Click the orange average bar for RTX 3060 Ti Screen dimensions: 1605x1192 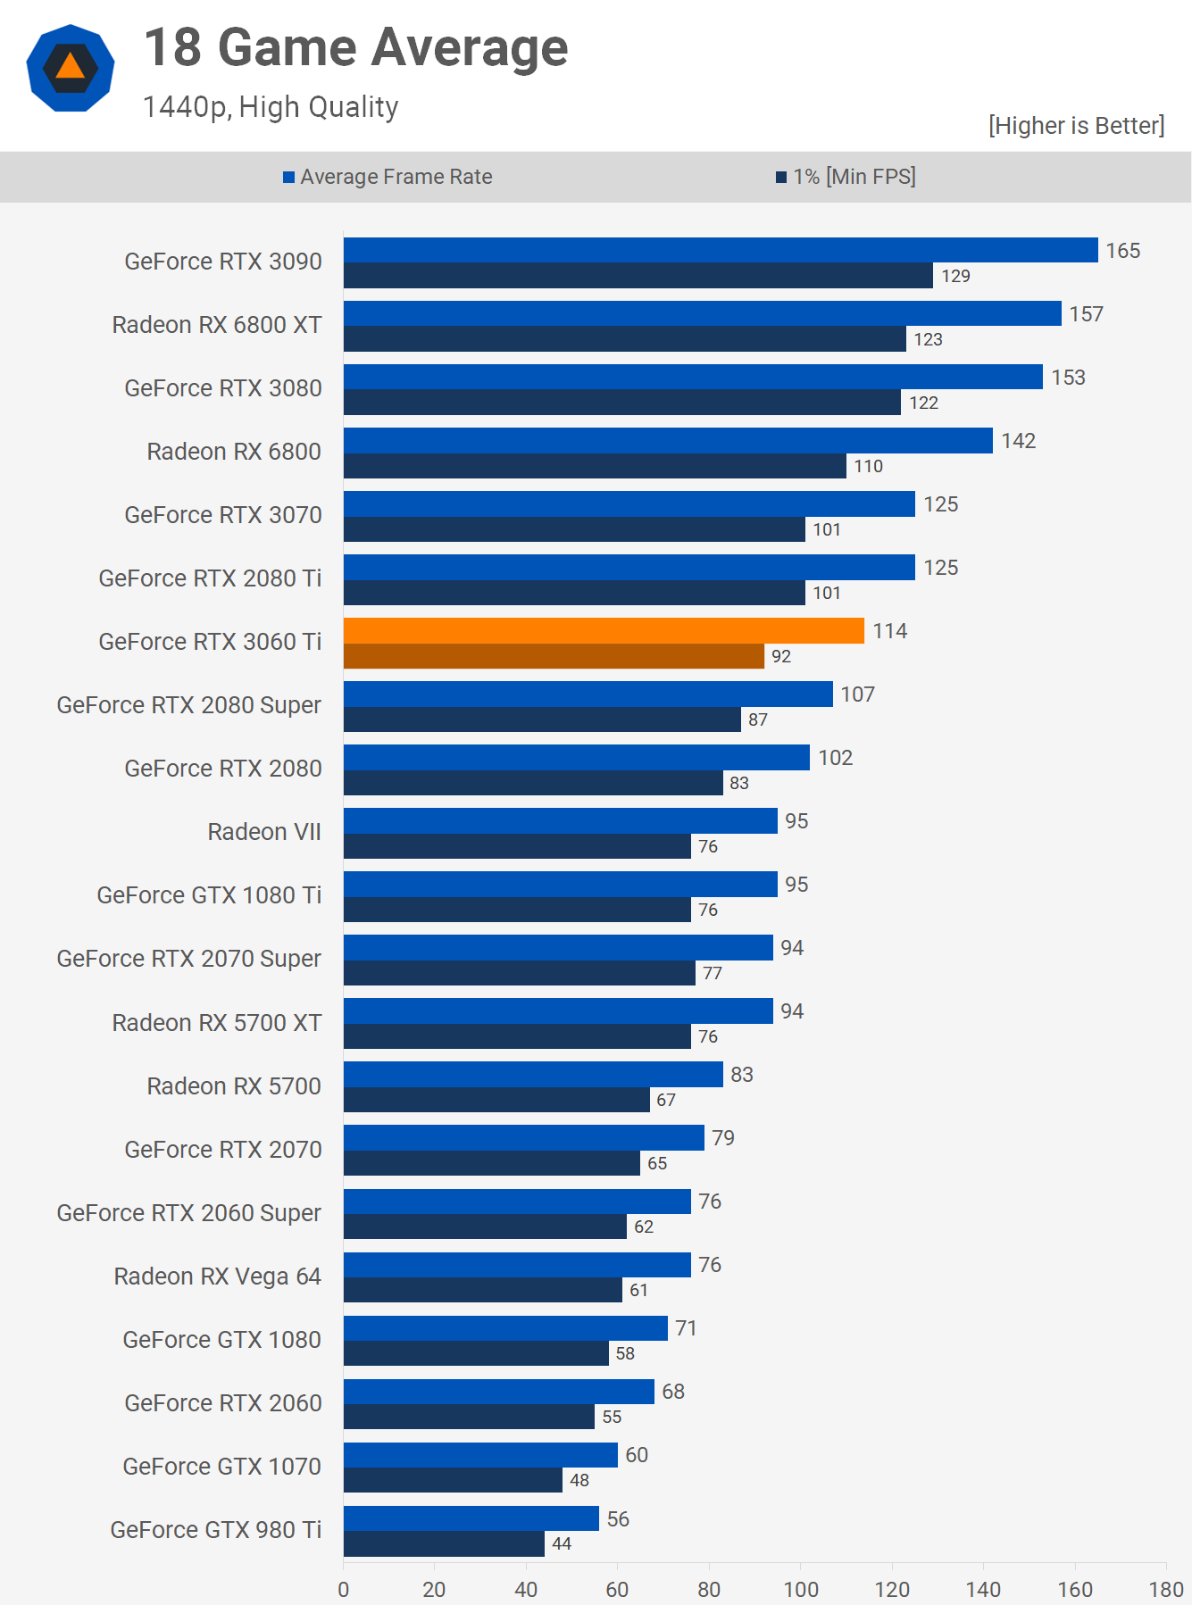604,630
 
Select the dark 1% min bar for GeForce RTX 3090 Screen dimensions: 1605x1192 638,275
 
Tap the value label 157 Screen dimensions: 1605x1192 1086,314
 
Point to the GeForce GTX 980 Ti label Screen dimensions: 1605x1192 215,1530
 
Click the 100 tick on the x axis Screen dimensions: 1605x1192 801,1589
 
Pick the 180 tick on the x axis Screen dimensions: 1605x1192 1165,1589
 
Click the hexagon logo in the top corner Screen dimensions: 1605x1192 71,68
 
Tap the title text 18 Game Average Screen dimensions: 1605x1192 355,47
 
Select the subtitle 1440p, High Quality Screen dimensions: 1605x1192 271,107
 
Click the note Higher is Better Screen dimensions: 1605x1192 1076,126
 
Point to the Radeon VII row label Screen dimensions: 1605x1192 264,832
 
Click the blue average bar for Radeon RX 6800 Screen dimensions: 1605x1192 668,440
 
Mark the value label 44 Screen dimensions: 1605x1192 562,1543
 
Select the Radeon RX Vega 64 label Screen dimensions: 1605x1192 217,1277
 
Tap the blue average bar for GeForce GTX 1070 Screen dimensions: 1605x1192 480,1455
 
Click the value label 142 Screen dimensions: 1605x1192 1018,441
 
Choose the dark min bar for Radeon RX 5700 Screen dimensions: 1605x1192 496,1100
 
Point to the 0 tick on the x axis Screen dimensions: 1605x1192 344,1589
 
